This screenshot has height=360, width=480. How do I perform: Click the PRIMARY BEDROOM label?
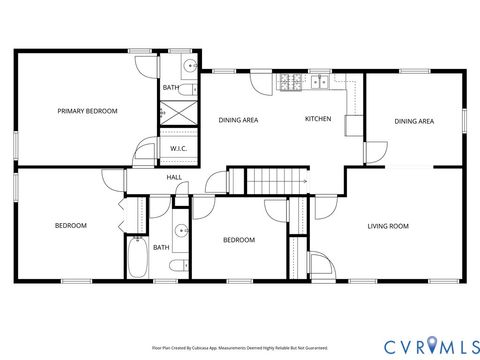point(87,111)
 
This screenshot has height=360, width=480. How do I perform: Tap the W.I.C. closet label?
point(178,149)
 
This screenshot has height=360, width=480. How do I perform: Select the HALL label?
point(173,177)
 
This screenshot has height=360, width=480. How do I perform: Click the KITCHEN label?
point(318,119)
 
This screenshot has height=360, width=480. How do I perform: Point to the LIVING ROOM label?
point(389,226)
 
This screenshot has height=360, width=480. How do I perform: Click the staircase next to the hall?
point(276,181)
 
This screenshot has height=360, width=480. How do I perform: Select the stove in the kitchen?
point(292,81)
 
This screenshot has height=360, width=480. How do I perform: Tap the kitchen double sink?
point(320,81)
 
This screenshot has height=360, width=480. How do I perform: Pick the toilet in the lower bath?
point(176,265)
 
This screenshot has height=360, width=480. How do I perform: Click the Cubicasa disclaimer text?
point(239,348)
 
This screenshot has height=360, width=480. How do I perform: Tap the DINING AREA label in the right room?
point(414,121)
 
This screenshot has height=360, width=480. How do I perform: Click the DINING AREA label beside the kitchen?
point(239,121)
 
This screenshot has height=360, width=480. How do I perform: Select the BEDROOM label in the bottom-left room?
point(70,226)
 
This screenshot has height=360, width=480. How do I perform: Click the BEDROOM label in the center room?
point(238,240)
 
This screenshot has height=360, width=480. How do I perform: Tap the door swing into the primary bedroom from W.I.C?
point(147,153)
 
